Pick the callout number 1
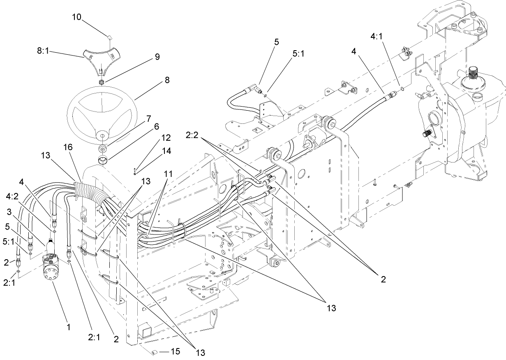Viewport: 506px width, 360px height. [69, 327]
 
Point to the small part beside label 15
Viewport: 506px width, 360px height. [155, 352]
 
